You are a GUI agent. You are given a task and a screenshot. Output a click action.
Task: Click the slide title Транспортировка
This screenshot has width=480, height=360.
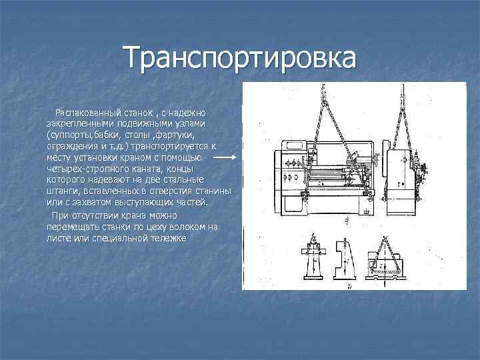tap(240, 58)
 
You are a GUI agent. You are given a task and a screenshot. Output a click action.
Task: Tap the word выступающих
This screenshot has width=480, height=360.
tap(149, 203)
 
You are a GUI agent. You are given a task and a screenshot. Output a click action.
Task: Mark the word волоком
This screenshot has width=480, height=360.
tap(184, 227)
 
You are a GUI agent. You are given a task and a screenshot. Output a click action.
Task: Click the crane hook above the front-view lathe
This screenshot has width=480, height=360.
tap(321, 91)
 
